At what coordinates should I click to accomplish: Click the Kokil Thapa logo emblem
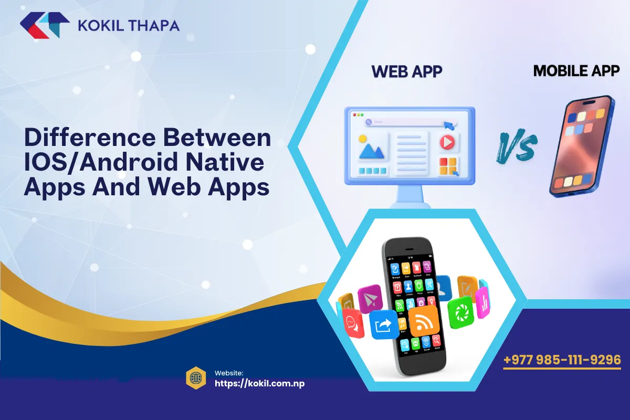(45, 25)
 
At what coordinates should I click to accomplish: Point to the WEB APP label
(407, 71)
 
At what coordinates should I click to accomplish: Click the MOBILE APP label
(576, 71)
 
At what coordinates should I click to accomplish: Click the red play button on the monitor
(447, 141)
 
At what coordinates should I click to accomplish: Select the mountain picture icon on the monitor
(371, 148)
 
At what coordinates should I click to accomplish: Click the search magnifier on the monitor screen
(369, 122)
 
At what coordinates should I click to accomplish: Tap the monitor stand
(409, 197)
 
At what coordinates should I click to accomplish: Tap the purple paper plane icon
(370, 299)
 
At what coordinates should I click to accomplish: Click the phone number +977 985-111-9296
(562, 360)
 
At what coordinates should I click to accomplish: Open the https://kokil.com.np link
(259, 383)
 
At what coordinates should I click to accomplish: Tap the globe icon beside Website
(195, 378)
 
